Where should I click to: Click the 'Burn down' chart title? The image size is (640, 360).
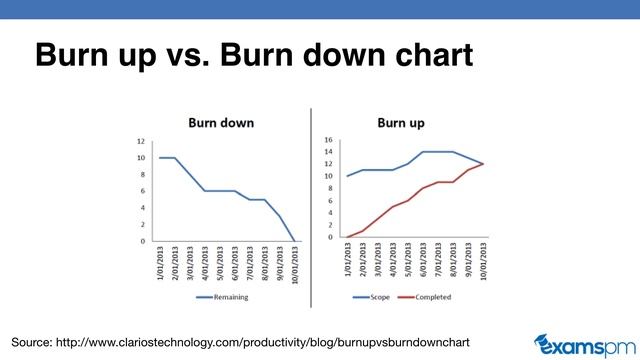222,123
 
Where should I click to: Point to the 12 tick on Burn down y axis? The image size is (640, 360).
140,141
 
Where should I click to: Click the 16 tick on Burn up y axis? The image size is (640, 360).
329,140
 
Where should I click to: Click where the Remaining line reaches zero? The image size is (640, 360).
293,241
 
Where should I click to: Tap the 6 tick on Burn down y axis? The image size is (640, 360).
141,191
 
